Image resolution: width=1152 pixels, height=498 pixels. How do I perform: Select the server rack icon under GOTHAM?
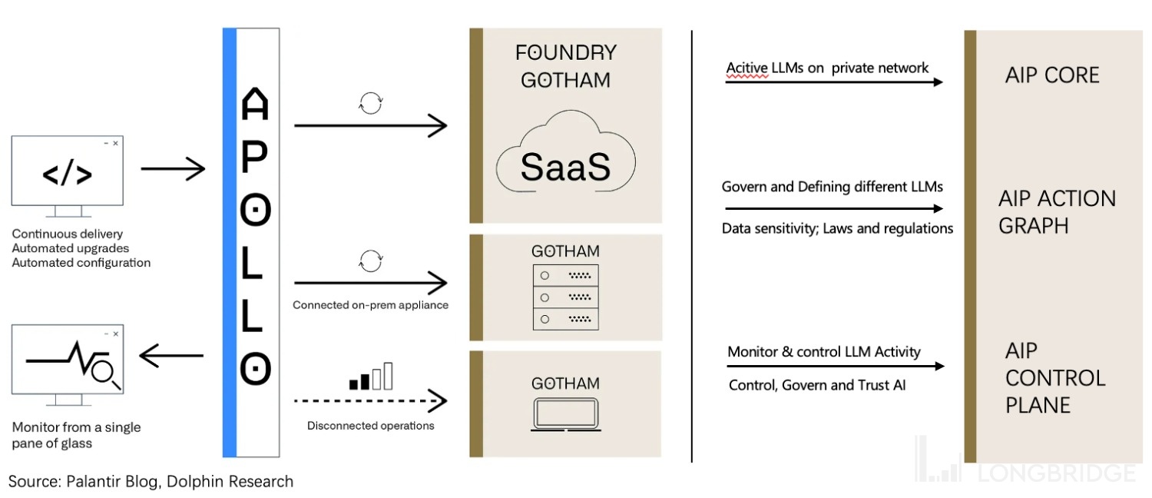[x=565, y=297]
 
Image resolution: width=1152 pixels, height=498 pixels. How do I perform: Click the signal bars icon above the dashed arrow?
[x=371, y=377]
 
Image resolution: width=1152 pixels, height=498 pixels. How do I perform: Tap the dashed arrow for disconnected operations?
[x=370, y=400]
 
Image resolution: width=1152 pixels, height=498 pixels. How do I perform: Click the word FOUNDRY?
[x=566, y=52]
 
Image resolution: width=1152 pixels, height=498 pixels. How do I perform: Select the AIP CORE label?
[x=1052, y=75]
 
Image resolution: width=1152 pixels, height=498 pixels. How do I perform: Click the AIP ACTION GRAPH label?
[x=1057, y=212]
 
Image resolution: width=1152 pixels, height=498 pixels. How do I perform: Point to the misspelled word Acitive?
[x=746, y=68]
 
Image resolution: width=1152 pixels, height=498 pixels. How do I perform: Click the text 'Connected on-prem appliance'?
[x=370, y=305]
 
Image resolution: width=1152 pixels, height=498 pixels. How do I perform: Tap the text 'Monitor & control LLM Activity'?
[x=823, y=352]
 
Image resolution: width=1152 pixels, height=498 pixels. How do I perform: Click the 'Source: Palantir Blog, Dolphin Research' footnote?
[x=151, y=482]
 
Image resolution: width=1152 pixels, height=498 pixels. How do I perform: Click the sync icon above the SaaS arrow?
[x=370, y=103]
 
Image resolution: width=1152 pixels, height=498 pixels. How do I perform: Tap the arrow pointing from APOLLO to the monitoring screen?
[x=172, y=355]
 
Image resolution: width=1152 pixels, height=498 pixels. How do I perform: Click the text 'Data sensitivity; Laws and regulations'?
[x=837, y=228]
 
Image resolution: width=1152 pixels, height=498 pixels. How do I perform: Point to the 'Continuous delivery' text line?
[x=68, y=234]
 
